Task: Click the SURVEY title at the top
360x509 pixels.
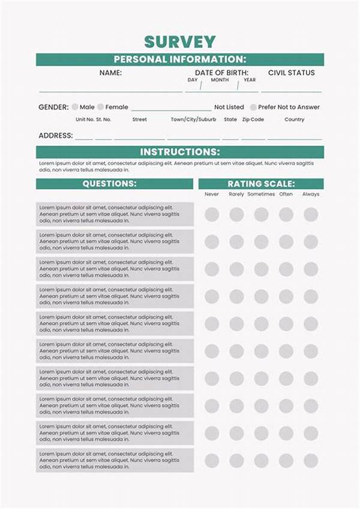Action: coord(180,41)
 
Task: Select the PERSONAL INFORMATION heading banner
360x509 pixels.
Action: coord(180,59)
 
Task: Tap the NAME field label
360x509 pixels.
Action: coord(110,73)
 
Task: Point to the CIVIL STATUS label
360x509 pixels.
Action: coord(291,73)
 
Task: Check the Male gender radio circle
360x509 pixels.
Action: coord(75,107)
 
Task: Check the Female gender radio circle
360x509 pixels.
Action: coord(100,107)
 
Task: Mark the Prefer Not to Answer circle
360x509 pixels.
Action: coord(253,107)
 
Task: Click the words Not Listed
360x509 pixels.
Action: coord(229,107)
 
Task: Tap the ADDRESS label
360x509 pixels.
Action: coord(56,136)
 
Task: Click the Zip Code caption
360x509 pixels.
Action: coord(253,119)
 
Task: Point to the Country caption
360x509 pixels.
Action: coord(295,119)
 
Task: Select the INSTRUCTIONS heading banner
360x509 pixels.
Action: coord(180,152)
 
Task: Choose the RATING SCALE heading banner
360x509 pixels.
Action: coord(261,184)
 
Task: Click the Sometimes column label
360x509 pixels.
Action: coord(261,194)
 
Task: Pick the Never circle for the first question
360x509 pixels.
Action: coord(212,214)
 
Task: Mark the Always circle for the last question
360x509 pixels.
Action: coord(311,460)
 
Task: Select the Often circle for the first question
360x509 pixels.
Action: coord(286,214)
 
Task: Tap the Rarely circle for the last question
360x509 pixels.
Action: coord(236,460)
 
